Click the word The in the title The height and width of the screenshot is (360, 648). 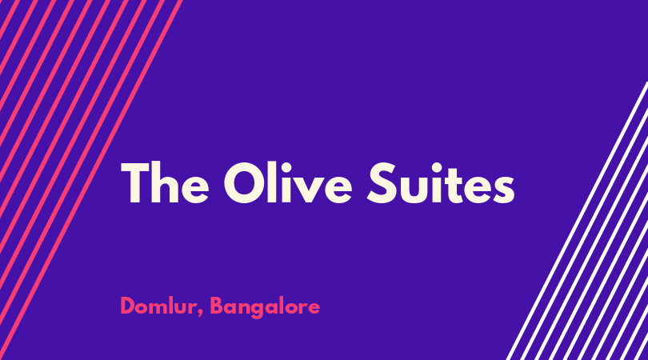click(x=165, y=182)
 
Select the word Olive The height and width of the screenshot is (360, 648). click(x=288, y=182)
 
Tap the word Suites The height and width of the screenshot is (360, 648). click(x=441, y=182)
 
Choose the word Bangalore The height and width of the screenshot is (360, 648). click(x=265, y=307)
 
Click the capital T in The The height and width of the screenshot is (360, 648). click(x=135, y=182)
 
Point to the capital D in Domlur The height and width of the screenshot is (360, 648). click(x=128, y=306)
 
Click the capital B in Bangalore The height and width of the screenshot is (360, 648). click(x=217, y=306)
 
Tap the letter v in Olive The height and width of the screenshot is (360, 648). click(x=310, y=190)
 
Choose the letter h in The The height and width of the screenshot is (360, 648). click(x=165, y=182)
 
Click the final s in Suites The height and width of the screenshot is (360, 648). click(x=503, y=190)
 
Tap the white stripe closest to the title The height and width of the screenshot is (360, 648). click(x=577, y=221)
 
